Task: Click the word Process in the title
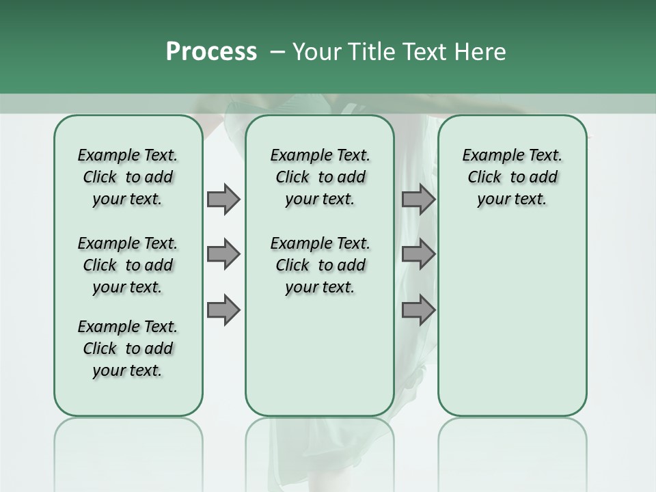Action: pos(211,52)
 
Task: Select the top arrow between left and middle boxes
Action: pos(223,199)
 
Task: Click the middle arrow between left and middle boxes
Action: pos(223,255)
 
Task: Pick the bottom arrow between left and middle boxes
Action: pos(223,310)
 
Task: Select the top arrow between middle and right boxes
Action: pos(418,199)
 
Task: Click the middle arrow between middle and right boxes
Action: pos(418,255)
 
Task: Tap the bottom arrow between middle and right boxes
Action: pos(418,310)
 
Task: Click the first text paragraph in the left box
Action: pos(128,177)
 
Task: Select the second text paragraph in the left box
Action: pos(128,265)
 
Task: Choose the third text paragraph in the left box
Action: pos(128,348)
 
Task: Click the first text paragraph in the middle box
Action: pos(320,177)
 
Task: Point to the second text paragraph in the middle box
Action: pos(320,265)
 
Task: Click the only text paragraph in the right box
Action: pos(512,177)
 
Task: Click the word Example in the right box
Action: pos(488,156)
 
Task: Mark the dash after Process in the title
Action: pos(277,52)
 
